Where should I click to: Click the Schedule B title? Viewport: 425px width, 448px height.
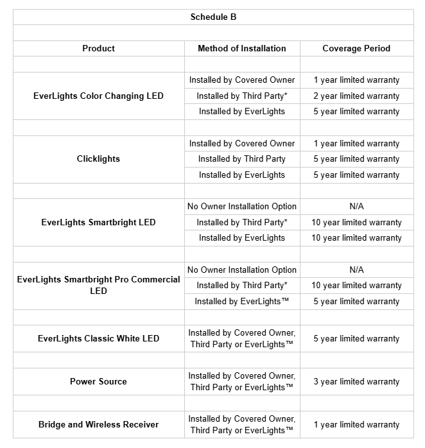click(x=213, y=17)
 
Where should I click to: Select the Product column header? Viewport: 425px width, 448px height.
click(x=98, y=48)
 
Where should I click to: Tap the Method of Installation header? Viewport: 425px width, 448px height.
click(x=241, y=48)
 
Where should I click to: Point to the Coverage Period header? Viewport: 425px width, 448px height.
click(x=356, y=48)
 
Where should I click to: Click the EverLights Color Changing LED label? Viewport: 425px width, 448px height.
click(x=98, y=96)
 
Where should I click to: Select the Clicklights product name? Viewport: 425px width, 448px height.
click(x=98, y=159)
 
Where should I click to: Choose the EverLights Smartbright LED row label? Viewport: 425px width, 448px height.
click(x=98, y=222)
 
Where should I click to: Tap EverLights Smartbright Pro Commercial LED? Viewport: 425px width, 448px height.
click(x=98, y=285)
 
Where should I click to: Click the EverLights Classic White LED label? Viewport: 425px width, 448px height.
click(x=98, y=338)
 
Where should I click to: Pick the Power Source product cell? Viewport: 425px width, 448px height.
click(x=98, y=381)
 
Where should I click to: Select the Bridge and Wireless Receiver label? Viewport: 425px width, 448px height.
click(x=98, y=424)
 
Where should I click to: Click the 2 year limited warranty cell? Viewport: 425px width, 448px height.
click(x=356, y=96)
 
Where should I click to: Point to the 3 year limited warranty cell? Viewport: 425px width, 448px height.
click(x=356, y=381)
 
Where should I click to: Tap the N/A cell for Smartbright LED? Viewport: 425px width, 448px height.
click(x=356, y=206)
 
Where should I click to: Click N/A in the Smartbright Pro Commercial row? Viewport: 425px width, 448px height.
click(x=356, y=270)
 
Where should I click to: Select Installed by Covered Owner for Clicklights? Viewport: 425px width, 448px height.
click(x=241, y=143)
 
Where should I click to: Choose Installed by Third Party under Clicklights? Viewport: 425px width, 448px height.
click(x=241, y=159)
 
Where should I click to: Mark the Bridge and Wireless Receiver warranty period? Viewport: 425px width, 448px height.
click(x=356, y=424)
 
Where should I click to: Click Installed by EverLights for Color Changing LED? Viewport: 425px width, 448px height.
click(x=241, y=111)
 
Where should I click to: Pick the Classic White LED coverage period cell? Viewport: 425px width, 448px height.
click(x=356, y=338)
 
